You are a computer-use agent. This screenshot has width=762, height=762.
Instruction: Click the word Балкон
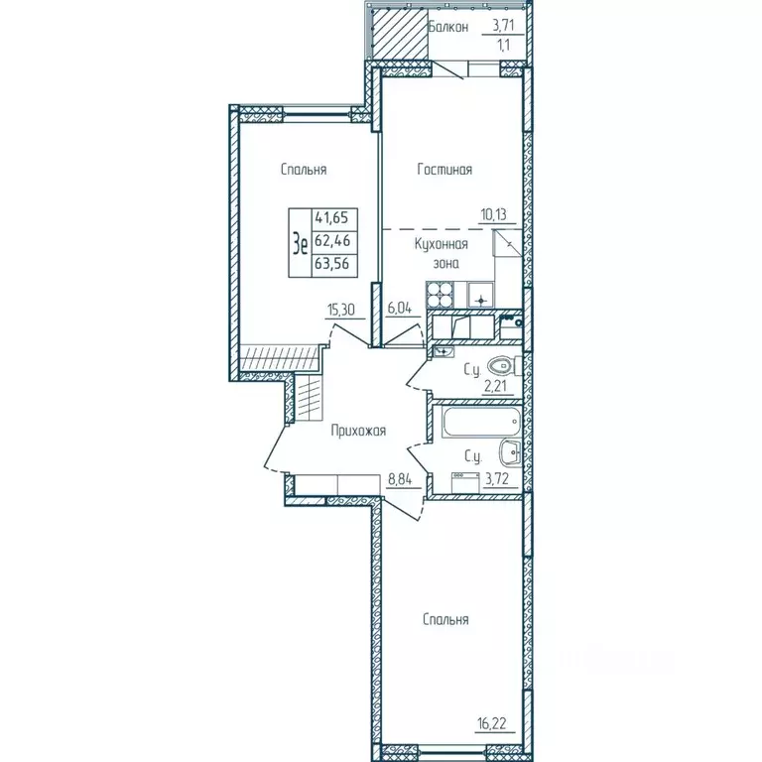coord(448,27)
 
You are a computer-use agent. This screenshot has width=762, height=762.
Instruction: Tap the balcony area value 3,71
coord(509,27)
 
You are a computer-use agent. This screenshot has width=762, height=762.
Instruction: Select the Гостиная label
coord(444,170)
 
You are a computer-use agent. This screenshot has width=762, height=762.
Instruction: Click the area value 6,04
coord(400,308)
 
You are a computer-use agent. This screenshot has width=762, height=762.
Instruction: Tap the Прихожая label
coord(357,432)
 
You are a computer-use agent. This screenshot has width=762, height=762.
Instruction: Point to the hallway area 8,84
coord(401,480)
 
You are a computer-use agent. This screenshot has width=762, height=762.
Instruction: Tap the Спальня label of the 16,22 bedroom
coord(444,620)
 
